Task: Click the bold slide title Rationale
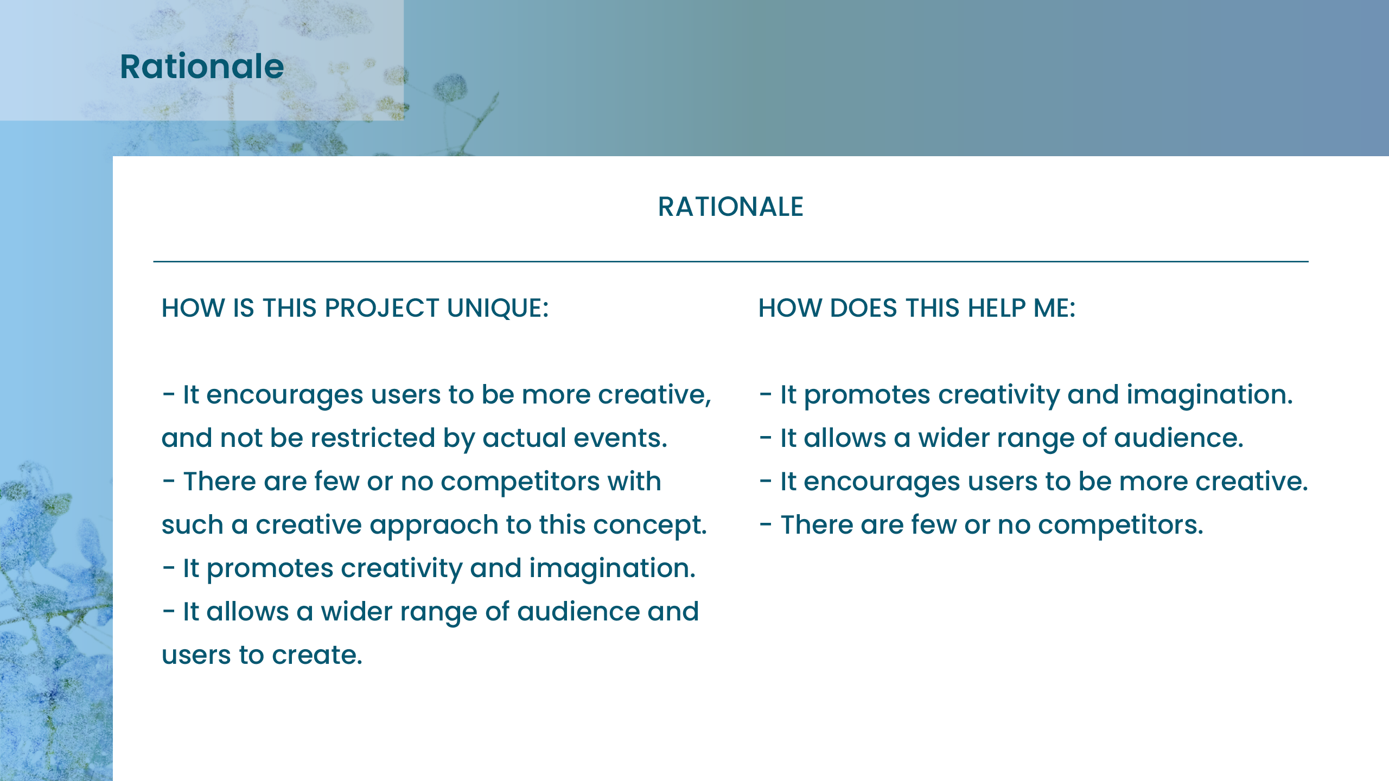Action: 202,67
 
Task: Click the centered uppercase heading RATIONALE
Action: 730,207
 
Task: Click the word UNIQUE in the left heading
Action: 498,308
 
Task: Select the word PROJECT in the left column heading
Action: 382,308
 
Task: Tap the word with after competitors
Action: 634,481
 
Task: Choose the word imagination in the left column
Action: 612,569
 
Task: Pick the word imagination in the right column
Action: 1209,395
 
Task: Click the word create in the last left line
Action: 317,655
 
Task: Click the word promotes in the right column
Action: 867,395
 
